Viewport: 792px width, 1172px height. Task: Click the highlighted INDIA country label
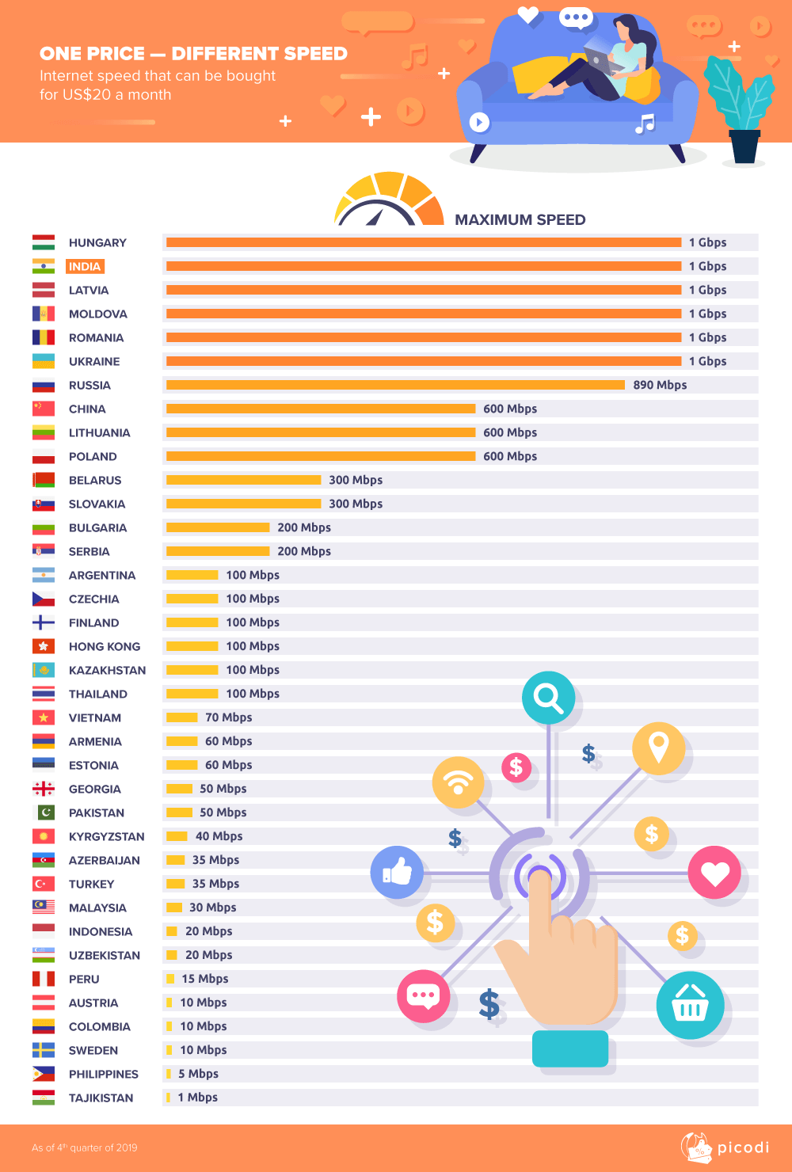click(85, 267)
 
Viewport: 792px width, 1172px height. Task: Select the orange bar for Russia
click(395, 385)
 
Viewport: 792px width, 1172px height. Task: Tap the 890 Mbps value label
click(660, 385)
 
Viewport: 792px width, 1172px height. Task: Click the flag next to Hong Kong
click(44, 646)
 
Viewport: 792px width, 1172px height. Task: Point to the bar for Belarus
click(243, 480)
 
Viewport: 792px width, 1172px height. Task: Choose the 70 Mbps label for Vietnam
click(228, 717)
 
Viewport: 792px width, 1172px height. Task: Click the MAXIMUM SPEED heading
click(520, 219)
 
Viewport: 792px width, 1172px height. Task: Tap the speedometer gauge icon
click(388, 200)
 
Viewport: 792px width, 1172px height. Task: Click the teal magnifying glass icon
click(548, 698)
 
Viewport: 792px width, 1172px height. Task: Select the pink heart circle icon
click(714, 873)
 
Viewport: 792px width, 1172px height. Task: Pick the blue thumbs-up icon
click(397, 872)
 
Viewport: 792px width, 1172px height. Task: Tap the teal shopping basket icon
click(690, 1005)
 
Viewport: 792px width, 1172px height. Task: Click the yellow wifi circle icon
click(458, 782)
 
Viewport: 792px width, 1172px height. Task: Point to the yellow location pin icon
click(658, 748)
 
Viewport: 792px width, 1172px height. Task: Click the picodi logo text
click(743, 1147)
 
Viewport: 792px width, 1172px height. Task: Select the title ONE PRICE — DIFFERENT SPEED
click(193, 54)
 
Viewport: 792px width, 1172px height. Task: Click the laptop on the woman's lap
click(598, 58)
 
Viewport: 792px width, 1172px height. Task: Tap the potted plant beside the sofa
click(741, 111)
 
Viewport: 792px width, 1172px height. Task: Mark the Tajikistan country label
click(101, 1098)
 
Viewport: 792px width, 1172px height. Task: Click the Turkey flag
click(44, 884)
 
